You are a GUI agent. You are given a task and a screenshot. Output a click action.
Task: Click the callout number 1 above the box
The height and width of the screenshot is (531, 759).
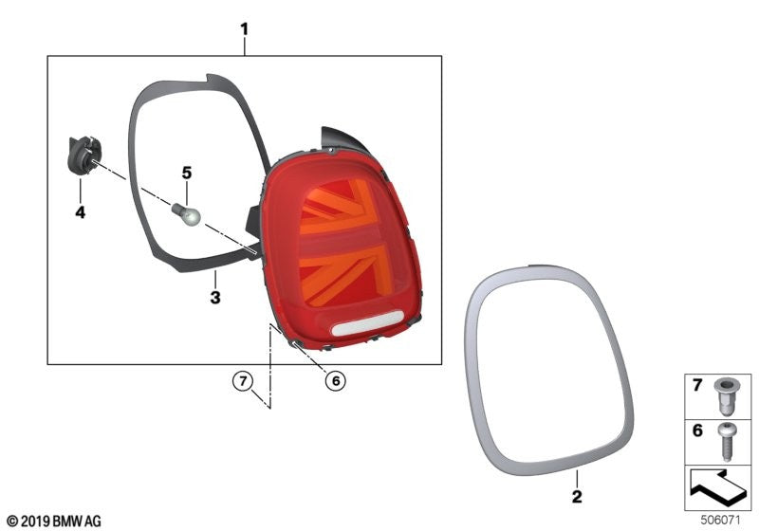pyautogui.click(x=245, y=29)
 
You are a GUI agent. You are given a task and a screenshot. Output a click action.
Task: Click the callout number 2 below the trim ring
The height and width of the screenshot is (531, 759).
pyautogui.click(x=577, y=496)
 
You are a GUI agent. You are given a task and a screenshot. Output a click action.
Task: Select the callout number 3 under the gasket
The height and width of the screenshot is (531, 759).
pyautogui.click(x=215, y=297)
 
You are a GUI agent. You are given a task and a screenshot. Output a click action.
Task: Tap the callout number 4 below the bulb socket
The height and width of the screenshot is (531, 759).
pyautogui.click(x=81, y=211)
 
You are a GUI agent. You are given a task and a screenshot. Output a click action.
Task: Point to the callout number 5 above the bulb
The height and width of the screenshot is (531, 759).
pyautogui.click(x=187, y=173)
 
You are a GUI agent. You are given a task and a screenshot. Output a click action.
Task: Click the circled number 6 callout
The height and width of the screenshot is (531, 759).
pyautogui.click(x=336, y=380)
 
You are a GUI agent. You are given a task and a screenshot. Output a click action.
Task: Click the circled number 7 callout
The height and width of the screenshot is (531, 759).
pyautogui.click(x=243, y=380)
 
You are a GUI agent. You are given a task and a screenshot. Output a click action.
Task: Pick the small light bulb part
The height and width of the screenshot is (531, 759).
pyautogui.click(x=186, y=214)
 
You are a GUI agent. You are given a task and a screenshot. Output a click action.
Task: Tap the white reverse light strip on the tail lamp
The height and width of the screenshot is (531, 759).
pyautogui.click(x=367, y=323)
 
